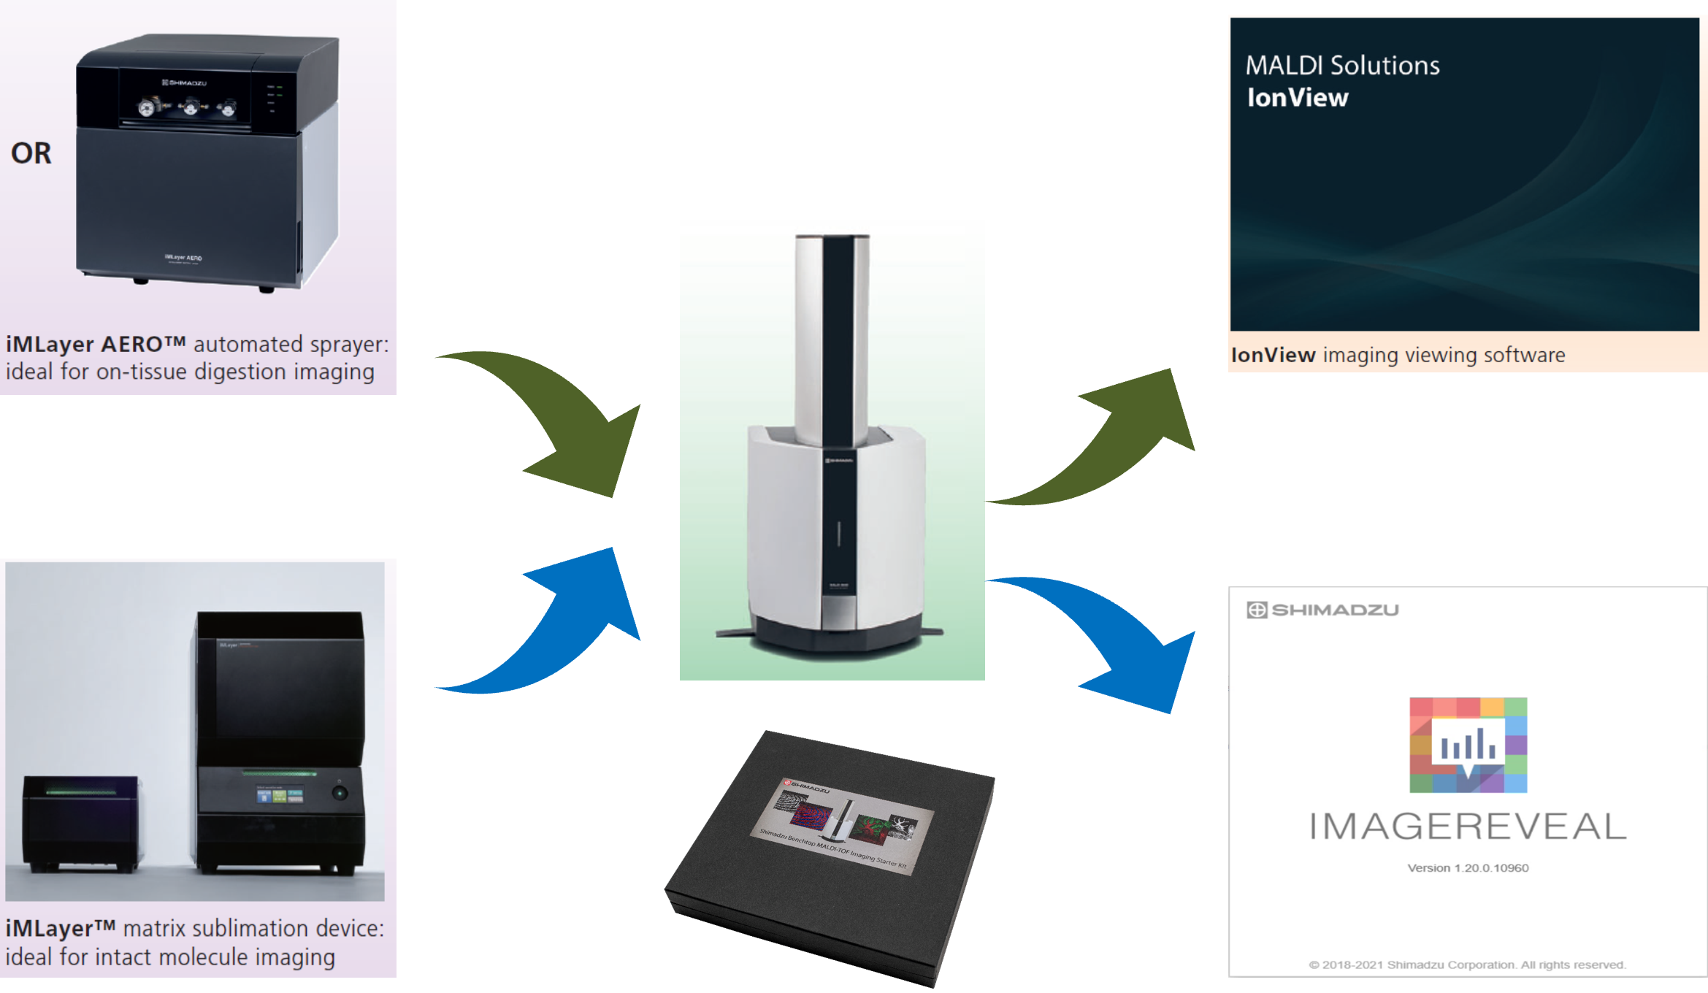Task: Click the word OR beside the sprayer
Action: (31, 153)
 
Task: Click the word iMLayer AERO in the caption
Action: (96, 344)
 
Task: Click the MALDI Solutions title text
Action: (1342, 66)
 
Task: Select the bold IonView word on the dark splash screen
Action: (1297, 98)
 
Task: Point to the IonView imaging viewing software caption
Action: (1398, 355)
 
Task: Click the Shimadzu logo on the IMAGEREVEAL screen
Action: (1322, 610)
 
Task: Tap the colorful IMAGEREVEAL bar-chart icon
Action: (1468, 745)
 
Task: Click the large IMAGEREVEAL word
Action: (1468, 827)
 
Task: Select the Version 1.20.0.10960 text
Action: (1468, 868)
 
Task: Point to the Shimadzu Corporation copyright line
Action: (1468, 965)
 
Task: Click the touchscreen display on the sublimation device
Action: (279, 795)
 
